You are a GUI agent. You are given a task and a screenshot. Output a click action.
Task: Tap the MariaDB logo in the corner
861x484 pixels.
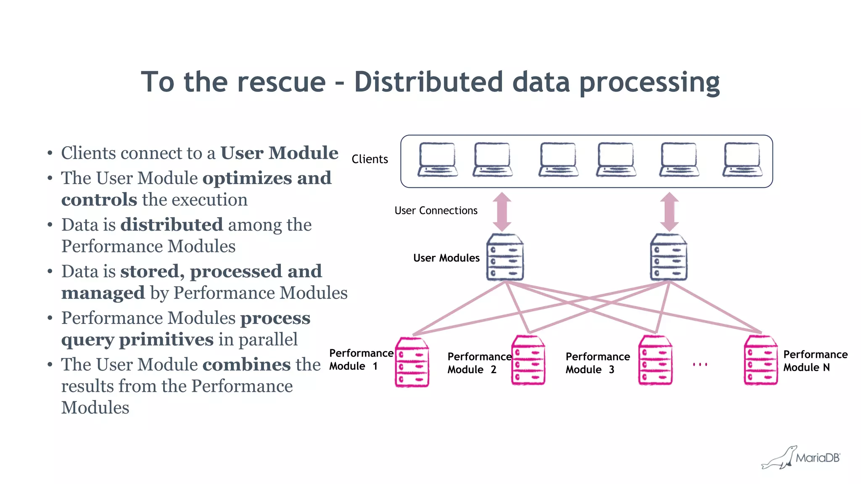(801, 457)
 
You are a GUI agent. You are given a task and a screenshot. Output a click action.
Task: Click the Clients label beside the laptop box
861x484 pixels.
(370, 159)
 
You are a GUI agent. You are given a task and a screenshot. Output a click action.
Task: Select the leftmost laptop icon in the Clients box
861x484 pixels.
(437, 160)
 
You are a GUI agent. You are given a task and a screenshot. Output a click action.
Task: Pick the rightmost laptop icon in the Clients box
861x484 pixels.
(742, 160)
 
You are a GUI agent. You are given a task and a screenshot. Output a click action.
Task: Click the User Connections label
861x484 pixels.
(436, 210)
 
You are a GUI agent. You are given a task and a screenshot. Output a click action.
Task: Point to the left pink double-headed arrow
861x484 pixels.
(502, 211)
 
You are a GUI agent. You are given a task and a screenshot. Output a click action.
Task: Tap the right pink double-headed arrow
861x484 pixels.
(669, 211)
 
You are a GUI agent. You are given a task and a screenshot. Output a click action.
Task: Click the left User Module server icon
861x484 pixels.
(505, 257)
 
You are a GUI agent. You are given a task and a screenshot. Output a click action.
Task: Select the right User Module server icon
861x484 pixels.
(668, 257)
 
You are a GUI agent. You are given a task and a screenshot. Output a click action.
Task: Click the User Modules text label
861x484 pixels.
(446, 258)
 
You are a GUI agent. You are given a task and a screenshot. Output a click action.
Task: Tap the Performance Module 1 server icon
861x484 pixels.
(412, 362)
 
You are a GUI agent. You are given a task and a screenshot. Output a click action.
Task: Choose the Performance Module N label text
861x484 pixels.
(815, 361)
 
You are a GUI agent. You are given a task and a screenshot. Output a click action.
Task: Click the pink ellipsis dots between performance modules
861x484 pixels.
(700, 364)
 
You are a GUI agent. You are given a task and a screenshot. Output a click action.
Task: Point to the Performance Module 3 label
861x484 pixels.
(597, 363)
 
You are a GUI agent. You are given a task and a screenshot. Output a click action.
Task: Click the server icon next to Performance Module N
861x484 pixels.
(761, 360)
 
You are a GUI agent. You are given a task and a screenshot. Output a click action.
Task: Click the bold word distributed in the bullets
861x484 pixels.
(172, 224)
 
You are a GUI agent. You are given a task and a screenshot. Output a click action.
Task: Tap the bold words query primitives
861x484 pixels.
(137, 339)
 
